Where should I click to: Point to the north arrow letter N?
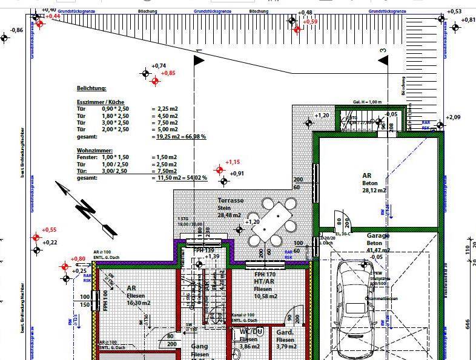click(x=87, y=210)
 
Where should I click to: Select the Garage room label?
click(x=378, y=235)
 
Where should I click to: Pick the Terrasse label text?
click(x=231, y=200)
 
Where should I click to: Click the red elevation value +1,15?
click(x=233, y=162)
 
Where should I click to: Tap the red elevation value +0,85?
click(x=168, y=73)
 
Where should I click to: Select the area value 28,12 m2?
click(x=374, y=190)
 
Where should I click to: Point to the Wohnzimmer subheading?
click(x=95, y=149)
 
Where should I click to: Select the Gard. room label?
click(x=285, y=332)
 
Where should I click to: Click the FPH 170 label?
click(x=266, y=275)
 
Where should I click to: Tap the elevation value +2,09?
click(x=453, y=117)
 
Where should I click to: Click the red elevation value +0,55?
click(x=49, y=230)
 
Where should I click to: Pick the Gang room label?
click(x=200, y=347)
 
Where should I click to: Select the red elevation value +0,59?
click(x=310, y=22)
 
